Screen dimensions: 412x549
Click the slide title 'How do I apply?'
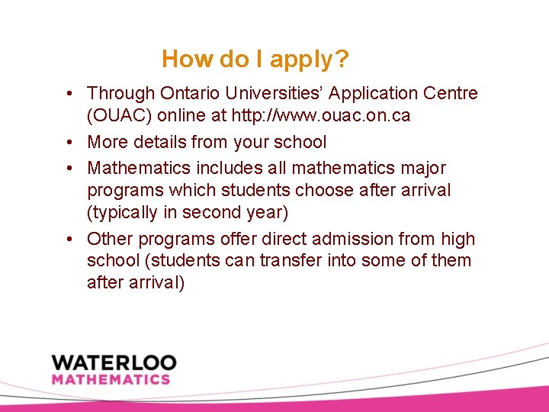[256, 59]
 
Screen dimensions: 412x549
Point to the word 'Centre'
[450, 94]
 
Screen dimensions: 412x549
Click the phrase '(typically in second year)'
[188, 212]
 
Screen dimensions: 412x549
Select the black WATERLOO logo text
[114, 362]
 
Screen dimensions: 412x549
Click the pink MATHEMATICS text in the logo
[111, 379]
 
